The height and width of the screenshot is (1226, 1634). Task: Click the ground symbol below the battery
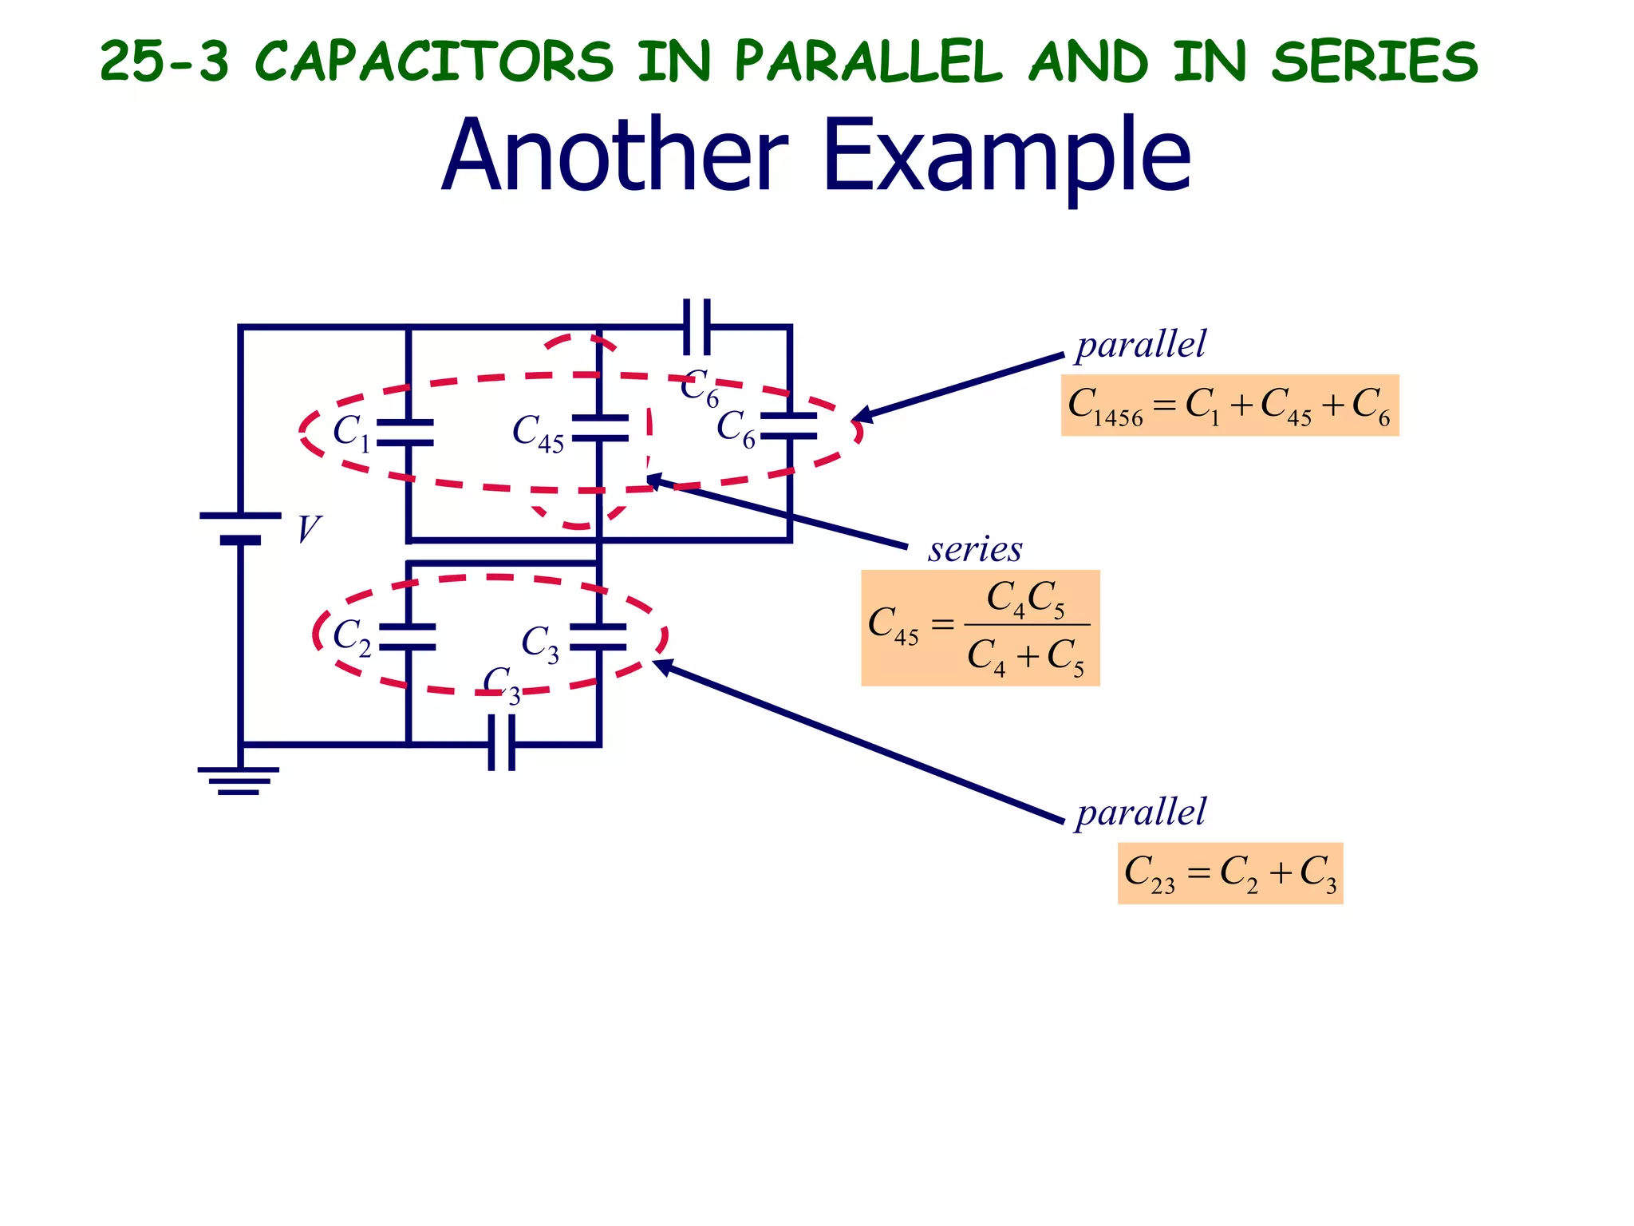coord(239,780)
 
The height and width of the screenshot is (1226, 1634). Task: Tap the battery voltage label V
coord(308,529)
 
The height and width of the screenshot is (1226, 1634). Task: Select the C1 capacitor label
coord(351,433)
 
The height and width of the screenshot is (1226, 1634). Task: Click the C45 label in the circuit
coord(538,433)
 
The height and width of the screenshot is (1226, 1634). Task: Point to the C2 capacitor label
coord(352,638)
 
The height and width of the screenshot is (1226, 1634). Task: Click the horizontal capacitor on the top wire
coord(697,326)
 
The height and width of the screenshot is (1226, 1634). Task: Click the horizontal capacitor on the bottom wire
coord(502,743)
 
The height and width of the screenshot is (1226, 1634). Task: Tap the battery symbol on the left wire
coord(240,528)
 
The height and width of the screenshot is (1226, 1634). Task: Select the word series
coord(975,549)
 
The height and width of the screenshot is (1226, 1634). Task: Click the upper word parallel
coord(1141,345)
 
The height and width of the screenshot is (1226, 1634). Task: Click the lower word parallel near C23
coord(1141,813)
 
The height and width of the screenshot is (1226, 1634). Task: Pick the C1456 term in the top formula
coord(1105,406)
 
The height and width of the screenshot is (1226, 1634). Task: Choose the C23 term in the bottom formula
coord(1150,873)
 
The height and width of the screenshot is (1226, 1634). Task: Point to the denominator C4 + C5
coord(1026,657)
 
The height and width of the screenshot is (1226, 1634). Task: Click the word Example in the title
coord(1007,155)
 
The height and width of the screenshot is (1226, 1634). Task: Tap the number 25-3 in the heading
coord(164,61)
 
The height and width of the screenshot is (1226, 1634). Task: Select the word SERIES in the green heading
coord(1375,61)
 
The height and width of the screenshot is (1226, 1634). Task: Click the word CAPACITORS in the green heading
coord(435,61)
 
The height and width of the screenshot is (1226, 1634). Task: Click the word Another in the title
coord(614,155)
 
